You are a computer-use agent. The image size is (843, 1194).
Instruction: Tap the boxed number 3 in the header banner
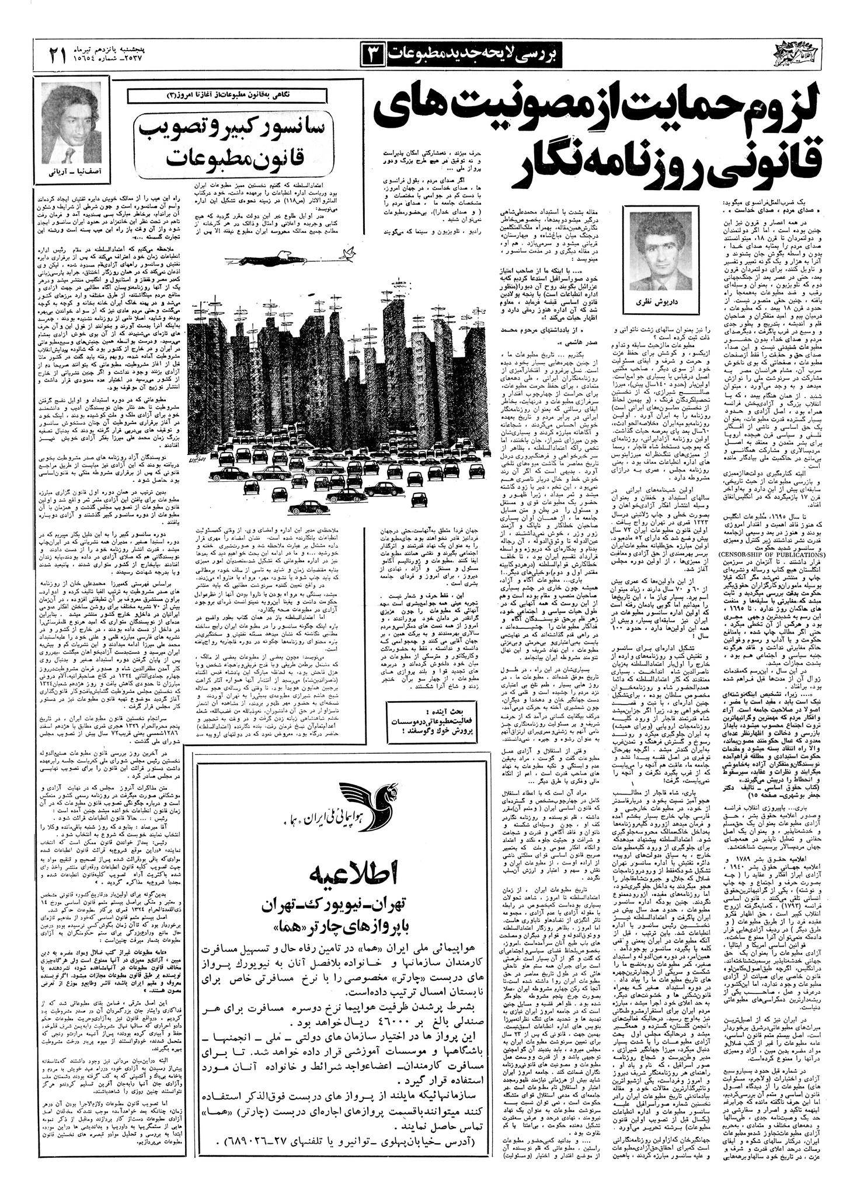[374, 54]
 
